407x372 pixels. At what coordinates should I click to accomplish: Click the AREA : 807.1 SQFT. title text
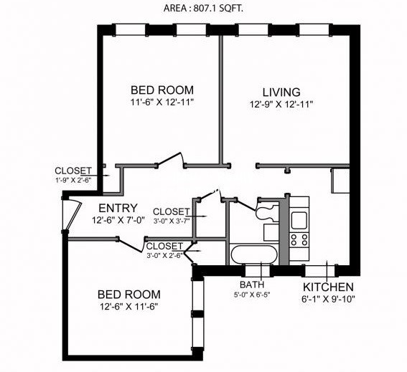(x=203, y=9)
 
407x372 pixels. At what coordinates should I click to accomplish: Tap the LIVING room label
(x=281, y=92)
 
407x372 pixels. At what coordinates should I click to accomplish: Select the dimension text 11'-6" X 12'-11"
(x=162, y=102)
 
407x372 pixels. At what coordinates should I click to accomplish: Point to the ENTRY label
(x=118, y=208)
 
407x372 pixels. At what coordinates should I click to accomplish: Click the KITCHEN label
(x=328, y=287)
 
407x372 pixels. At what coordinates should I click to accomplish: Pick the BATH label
(x=252, y=285)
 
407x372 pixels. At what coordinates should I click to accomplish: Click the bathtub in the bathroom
(x=254, y=254)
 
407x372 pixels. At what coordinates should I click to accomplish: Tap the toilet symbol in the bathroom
(x=267, y=211)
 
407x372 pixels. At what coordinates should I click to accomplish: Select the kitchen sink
(x=299, y=220)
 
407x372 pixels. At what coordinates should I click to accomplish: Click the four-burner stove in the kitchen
(x=299, y=240)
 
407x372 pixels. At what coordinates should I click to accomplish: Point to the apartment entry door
(x=72, y=214)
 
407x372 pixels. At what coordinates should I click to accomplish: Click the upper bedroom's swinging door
(x=171, y=159)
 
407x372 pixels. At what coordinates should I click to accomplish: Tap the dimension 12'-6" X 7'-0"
(x=118, y=220)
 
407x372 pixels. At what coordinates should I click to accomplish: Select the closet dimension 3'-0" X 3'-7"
(x=172, y=221)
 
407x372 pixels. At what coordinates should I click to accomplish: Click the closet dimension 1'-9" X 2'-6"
(x=73, y=180)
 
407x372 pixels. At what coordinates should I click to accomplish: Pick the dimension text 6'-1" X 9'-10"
(x=328, y=299)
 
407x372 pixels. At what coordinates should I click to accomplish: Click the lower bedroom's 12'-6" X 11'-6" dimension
(x=129, y=307)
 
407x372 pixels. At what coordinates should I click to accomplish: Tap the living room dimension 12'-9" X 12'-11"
(x=281, y=104)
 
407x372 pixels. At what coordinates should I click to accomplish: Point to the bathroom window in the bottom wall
(x=258, y=270)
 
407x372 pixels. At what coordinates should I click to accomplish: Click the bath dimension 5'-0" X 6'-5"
(x=252, y=295)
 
